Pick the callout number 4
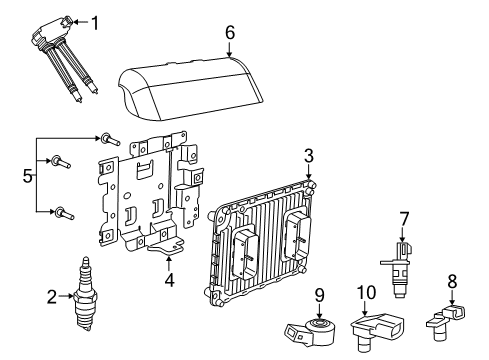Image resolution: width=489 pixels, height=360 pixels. [169, 280]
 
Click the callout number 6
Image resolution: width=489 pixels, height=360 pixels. [229, 33]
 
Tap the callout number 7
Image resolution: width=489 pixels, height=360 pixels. [405, 217]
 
